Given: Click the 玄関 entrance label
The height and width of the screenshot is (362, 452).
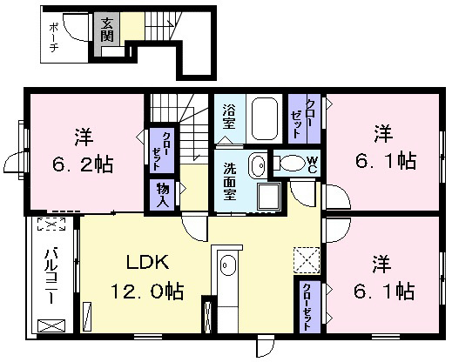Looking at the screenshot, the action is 107,30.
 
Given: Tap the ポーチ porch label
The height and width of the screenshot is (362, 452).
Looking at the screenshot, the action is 54,37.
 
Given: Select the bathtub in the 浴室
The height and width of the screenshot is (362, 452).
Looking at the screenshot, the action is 264,119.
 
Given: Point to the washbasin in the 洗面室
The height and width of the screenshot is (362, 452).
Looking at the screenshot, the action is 257,165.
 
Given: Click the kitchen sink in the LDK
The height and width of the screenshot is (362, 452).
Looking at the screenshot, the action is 228,265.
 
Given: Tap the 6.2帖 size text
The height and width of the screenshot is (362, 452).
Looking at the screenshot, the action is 83,164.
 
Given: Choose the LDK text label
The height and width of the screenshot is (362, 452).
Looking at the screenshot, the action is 147,262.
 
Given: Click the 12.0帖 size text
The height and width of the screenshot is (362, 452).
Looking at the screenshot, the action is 147,292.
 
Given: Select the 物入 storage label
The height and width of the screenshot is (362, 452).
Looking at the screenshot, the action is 163,195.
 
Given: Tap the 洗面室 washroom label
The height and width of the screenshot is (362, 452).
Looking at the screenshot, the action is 230,181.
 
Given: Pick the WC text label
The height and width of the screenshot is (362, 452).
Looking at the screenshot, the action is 312,164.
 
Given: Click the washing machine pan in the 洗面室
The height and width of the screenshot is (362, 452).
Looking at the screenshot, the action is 269,197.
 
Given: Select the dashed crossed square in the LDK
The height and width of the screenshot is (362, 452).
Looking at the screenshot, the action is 307,260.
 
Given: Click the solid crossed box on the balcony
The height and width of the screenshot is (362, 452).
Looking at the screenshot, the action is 51,325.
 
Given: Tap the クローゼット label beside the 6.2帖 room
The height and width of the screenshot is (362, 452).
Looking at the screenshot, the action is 162,151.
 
